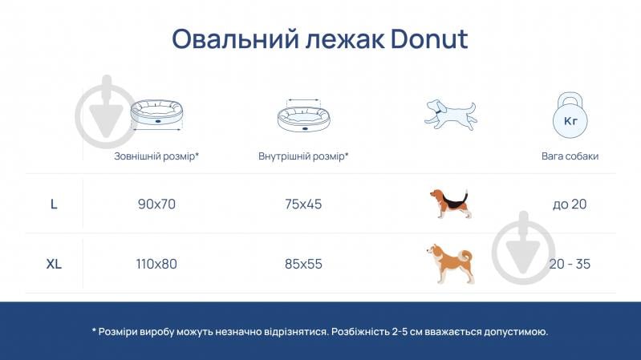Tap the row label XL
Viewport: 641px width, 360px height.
[54, 263]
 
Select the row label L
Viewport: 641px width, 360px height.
[54, 204]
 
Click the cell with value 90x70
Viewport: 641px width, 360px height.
[156, 204]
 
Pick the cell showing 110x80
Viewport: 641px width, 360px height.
[156, 263]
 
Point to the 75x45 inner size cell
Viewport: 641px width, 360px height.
[303, 204]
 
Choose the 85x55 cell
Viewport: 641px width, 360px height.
[303, 263]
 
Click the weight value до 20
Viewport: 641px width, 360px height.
[570, 204]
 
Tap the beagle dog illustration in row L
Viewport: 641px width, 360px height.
[450, 203]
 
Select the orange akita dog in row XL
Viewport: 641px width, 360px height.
[450, 263]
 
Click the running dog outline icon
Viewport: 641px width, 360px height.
[449, 114]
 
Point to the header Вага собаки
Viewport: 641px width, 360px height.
[570, 156]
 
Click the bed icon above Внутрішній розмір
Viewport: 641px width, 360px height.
[303, 116]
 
